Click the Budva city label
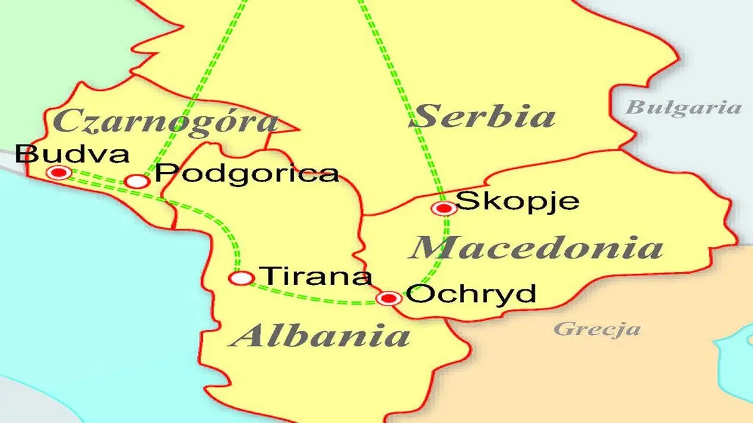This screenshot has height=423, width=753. click(x=72, y=155)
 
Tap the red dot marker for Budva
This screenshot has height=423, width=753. click(x=58, y=172)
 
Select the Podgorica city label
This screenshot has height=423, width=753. click(x=247, y=173)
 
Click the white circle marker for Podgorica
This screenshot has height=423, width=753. click(x=138, y=182)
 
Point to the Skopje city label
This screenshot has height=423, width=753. click(x=518, y=201)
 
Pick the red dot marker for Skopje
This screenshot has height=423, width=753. click(x=444, y=208)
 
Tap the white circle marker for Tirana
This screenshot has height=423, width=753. click(x=241, y=278)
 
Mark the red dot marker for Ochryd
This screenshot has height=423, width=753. click(x=389, y=298)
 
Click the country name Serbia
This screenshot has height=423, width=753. click(x=482, y=116)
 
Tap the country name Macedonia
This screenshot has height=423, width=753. click(x=536, y=248)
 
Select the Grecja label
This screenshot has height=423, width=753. click(x=597, y=328)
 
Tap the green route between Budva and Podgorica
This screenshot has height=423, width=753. click(x=97, y=176)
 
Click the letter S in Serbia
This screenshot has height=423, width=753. click(x=424, y=116)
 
